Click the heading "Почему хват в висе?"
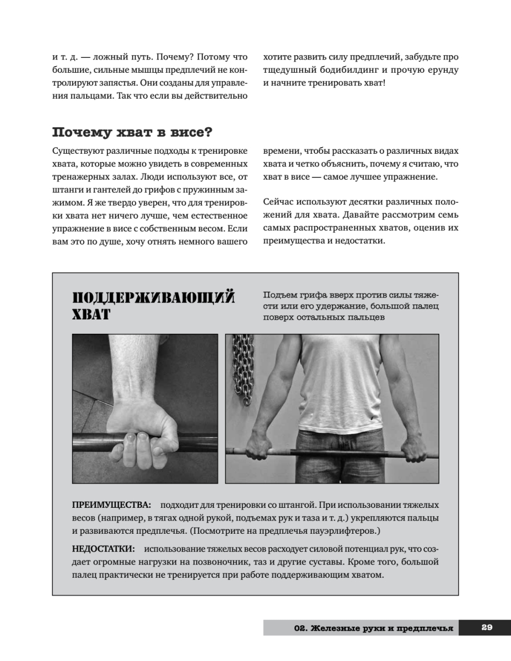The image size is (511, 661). [x=133, y=133]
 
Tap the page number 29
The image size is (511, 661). [x=486, y=627]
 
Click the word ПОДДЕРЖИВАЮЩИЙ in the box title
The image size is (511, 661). [x=154, y=298]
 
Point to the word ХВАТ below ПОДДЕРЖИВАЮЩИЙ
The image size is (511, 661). [x=91, y=315]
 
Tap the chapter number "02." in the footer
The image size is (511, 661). [x=300, y=627]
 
